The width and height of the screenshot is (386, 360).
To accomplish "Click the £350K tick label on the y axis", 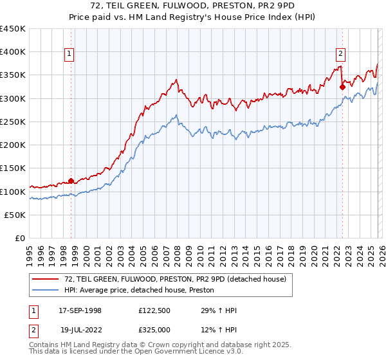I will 13,75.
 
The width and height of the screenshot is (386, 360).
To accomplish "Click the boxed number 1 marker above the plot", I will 69,54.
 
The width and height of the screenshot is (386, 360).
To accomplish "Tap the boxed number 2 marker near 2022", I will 340,54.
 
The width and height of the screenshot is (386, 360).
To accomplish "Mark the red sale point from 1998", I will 71,181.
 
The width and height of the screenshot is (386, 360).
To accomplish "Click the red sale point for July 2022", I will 342,87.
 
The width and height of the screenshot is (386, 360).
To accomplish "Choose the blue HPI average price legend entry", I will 139,291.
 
